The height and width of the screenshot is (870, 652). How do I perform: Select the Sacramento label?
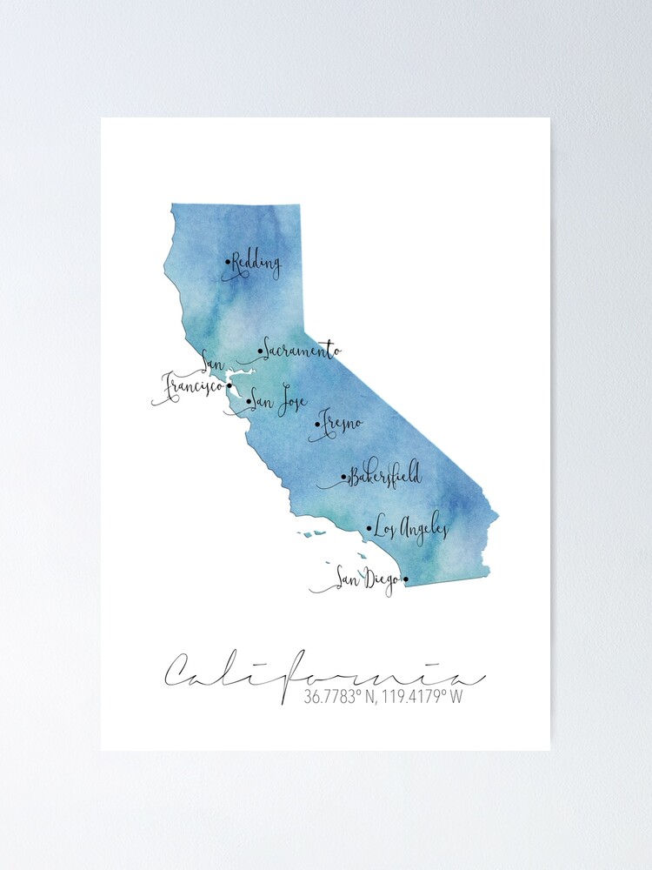tap(301, 351)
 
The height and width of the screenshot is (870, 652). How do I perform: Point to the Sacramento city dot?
tap(260, 351)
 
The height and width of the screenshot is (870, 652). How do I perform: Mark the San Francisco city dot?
tap(229, 386)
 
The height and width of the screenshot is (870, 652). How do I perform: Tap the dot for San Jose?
tap(249, 402)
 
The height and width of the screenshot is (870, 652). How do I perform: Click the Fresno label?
tap(342, 425)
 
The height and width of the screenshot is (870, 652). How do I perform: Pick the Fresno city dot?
tap(317, 425)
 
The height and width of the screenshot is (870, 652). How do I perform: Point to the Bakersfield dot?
tap(344, 477)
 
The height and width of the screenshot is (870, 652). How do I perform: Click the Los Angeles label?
tap(411, 527)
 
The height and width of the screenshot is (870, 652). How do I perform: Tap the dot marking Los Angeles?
tap(369, 527)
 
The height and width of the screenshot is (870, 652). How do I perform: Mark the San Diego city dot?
tap(405, 578)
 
